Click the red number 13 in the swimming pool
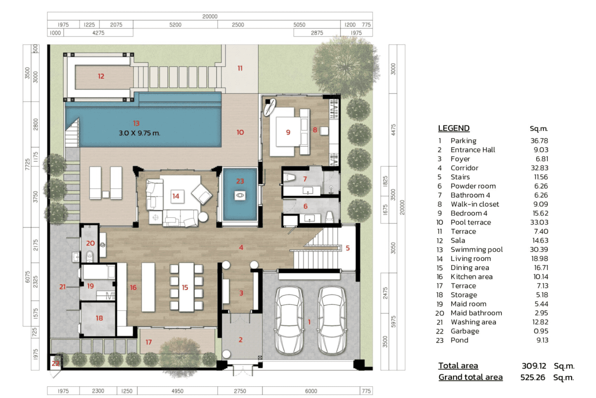click(x=136, y=123)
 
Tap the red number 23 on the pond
click(x=240, y=181)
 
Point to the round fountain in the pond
click(x=240, y=196)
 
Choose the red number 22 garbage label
click(x=55, y=363)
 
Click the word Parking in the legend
click(x=463, y=141)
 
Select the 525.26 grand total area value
click(x=533, y=377)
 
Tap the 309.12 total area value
click(x=534, y=366)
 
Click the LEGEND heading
click(x=454, y=128)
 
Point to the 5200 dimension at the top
click(x=175, y=25)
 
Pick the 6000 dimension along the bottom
click(x=311, y=391)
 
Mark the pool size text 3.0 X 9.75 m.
click(x=139, y=133)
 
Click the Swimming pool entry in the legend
click(x=476, y=249)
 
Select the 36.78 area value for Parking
click(x=539, y=141)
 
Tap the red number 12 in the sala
click(x=101, y=76)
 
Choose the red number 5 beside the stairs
click(x=348, y=248)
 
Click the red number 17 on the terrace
click(x=149, y=342)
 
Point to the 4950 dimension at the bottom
click(x=177, y=391)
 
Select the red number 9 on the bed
click(x=288, y=132)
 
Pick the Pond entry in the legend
click(x=459, y=340)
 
